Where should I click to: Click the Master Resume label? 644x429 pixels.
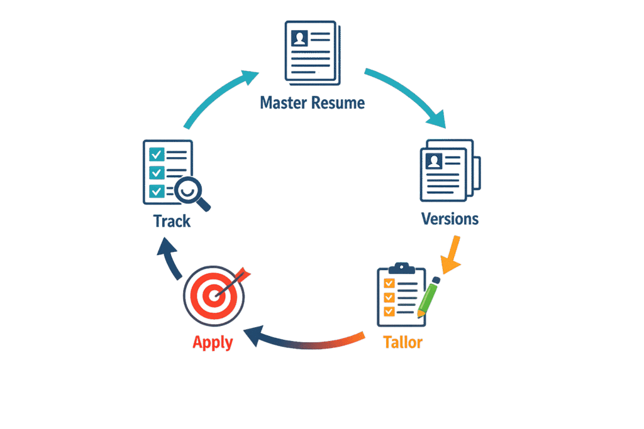pos(312,102)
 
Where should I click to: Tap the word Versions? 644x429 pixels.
pos(450,219)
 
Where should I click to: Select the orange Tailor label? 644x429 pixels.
pos(402,342)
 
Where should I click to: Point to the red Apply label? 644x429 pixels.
pos(213,343)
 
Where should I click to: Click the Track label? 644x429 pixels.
pos(172,222)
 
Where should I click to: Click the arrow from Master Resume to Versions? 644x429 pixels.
pos(409,94)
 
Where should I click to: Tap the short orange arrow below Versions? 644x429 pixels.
pos(450,255)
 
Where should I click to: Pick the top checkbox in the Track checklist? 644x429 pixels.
pos(157,155)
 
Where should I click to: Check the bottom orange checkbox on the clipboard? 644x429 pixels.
pos(389,311)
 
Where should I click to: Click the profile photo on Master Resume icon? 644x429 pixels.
pos(300,38)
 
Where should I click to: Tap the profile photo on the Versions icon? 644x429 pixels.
pos(434,161)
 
